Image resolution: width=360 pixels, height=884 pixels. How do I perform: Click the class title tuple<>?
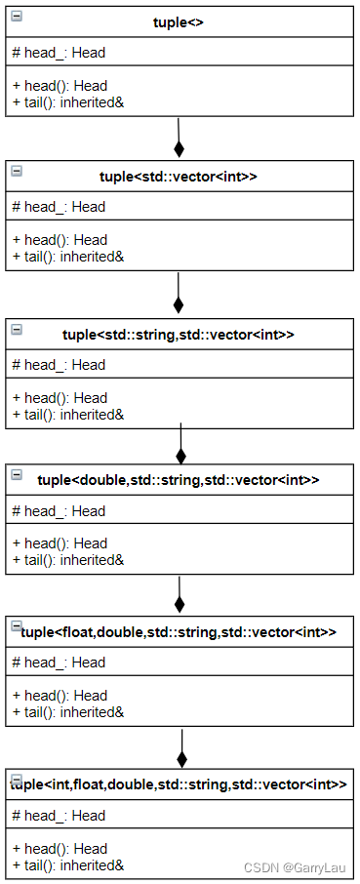pyautogui.click(x=179, y=22)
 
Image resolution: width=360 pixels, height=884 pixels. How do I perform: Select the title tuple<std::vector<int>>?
pyautogui.click(x=179, y=177)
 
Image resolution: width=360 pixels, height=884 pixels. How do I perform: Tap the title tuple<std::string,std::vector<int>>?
pyautogui.click(x=179, y=335)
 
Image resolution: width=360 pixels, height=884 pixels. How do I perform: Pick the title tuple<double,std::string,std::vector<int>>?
pyautogui.click(x=179, y=480)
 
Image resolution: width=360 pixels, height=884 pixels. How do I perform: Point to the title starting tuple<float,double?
pyautogui.click(x=179, y=632)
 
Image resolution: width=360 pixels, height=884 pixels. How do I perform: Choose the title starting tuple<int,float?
pyautogui.click(x=179, y=784)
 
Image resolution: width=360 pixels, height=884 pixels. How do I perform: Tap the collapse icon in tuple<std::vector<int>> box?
pyautogui.click(x=17, y=171)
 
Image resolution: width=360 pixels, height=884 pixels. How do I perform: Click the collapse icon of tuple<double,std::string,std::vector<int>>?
pyautogui.click(x=17, y=474)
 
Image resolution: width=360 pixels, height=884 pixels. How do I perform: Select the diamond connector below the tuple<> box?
pyautogui.click(x=179, y=148)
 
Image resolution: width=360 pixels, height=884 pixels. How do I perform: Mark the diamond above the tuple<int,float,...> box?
pyautogui.click(x=181, y=758)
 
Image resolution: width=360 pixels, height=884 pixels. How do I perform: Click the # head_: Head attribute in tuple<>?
pyautogui.click(x=59, y=53)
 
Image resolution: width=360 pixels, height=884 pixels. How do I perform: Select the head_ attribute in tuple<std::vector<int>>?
pyautogui.click(x=59, y=207)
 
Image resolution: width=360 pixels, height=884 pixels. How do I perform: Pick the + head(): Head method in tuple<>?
pyautogui.click(x=60, y=86)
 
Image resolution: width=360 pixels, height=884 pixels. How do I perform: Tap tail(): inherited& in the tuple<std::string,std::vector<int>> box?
pyautogui.click(x=67, y=415)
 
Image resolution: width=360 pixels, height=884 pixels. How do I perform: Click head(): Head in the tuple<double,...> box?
pyautogui.click(x=60, y=543)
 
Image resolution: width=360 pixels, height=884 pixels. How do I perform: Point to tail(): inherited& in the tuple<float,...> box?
pyautogui.click(x=67, y=712)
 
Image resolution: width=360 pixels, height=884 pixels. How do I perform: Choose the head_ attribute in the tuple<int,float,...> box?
pyautogui.click(x=59, y=816)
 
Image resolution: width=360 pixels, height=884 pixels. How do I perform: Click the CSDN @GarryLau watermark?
pyautogui.click(x=295, y=866)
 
